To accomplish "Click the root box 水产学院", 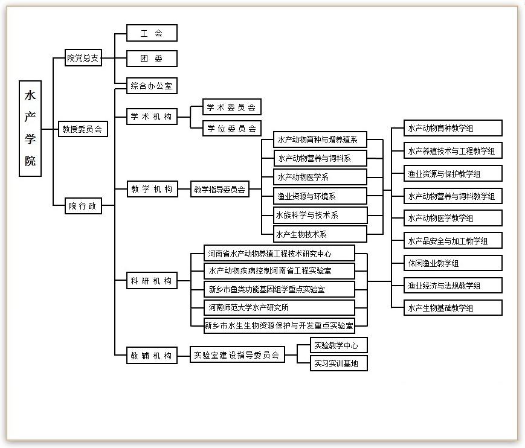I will pos(30,128).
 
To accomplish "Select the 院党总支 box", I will pos(83,59).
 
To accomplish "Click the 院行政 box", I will pos(83,206).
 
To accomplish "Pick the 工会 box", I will pos(152,33).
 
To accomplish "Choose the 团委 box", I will pos(152,59).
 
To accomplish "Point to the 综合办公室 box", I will pos(152,86).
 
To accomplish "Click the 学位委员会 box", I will pos(232,128).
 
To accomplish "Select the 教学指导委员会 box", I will pos(220,190).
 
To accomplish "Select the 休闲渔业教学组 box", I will pos(453,263).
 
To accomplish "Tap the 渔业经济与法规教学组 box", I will pos(453,285).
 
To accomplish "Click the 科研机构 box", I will pos(152,281).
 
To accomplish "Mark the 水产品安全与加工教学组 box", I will pos(453,241).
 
